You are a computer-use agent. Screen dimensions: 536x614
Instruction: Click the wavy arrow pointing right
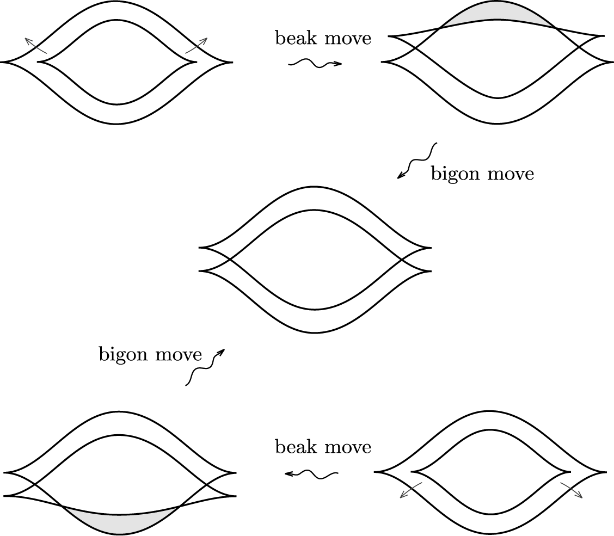(x=315, y=64)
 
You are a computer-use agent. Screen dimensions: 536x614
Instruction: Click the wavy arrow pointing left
(x=312, y=475)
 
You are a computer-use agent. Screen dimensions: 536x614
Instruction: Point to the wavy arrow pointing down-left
(x=417, y=161)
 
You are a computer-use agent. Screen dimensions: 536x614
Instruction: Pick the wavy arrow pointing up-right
(x=205, y=367)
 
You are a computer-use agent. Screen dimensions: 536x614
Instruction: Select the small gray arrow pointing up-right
(x=197, y=45)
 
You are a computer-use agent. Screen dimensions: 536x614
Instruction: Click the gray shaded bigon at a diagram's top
(x=496, y=12)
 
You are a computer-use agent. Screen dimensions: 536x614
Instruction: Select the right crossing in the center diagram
(x=402, y=260)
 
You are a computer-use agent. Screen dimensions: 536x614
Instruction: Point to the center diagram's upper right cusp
(x=430, y=248)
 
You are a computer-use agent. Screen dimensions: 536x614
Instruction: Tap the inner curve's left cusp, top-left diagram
(x=39, y=63)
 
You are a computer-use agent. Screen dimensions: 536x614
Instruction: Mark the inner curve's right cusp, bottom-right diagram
(x=569, y=472)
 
